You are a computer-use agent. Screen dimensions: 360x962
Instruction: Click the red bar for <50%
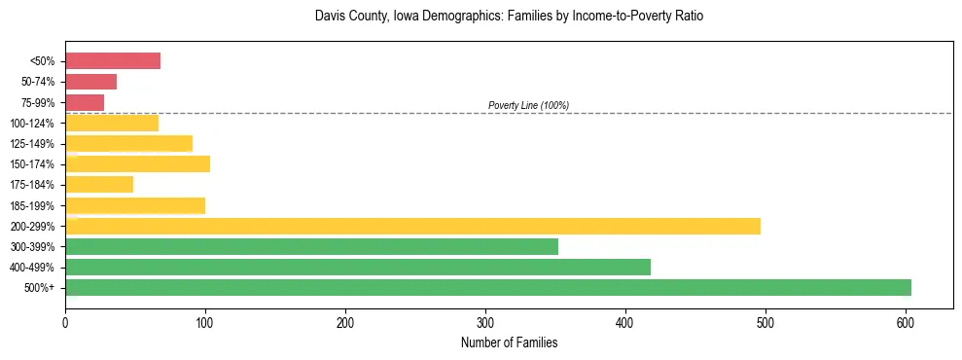113,61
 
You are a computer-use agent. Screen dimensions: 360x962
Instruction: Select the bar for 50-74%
90,82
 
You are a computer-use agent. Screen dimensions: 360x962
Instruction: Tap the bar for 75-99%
85,102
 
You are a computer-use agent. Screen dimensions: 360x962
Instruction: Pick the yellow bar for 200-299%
412,226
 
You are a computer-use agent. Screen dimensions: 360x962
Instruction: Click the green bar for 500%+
488,287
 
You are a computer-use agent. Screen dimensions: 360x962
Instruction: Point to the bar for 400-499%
358,267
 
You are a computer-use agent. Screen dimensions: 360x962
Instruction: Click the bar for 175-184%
99,185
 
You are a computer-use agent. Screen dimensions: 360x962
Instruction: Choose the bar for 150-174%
137,163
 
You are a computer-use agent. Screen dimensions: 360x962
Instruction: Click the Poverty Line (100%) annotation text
528,105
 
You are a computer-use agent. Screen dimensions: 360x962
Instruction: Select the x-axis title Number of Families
509,342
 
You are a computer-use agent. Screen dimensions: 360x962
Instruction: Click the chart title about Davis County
509,18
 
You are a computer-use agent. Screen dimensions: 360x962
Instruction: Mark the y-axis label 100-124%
32,124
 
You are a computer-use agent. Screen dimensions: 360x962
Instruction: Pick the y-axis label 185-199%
32,205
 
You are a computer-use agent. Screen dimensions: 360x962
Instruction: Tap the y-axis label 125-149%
32,144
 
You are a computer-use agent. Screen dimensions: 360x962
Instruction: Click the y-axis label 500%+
39,288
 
